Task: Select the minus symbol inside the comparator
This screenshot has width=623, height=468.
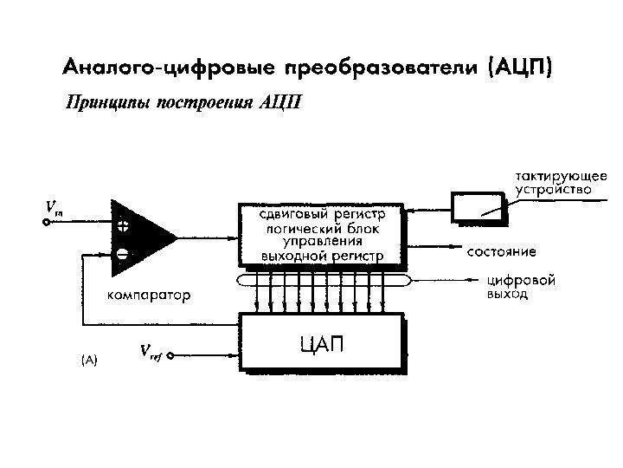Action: pos(123,255)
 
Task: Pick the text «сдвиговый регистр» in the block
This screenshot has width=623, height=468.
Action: pos(322,212)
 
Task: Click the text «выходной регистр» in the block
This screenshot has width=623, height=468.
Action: pos(322,256)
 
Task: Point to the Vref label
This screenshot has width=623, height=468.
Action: pos(150,352)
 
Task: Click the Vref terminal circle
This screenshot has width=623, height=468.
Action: pos(171,355)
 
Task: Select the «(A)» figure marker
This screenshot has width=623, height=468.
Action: pos(89,358)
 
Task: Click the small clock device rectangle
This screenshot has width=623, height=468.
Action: pos(477,206)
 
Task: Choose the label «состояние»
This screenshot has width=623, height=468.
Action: pos(502,252)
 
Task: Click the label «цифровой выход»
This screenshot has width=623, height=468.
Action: pos(521,287)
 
